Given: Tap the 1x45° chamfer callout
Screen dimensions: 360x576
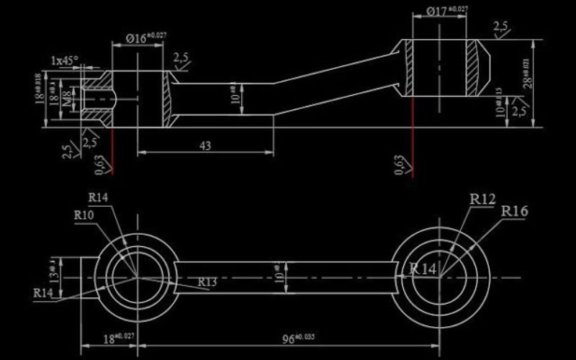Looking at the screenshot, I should [x=64, y=60].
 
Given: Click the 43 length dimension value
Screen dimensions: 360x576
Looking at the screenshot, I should [x=204, y=145].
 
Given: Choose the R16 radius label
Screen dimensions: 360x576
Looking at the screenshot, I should [x=514, y=211].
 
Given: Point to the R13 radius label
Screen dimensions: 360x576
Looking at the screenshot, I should [x=207, y=282].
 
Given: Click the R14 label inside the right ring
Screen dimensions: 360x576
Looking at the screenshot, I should [x=423, y=269].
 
